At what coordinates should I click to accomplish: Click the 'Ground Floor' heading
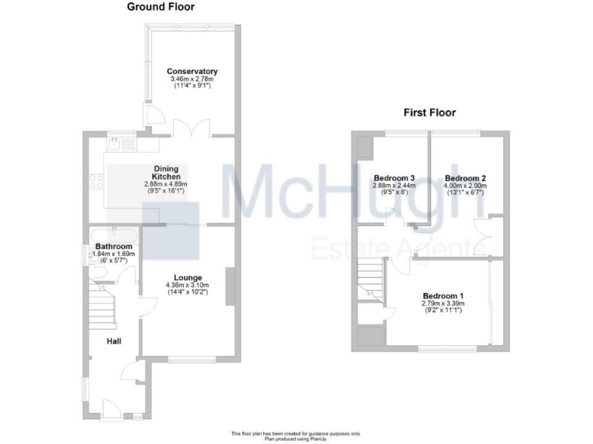pyautogui.click(x=161, y=7)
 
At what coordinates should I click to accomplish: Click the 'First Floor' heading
pyautogui.click(x=429, y=113)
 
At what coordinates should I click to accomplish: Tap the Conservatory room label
pyautogui.click(x=192, y=72)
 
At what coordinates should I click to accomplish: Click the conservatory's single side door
pyautogui.click(x=153, y=115)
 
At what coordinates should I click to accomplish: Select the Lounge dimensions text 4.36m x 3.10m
pyautogui.click(x=188, y=286)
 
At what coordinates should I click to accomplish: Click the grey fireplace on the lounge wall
pyautogui.click(x=228, y=287)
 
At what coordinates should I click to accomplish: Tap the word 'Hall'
pyautogui.click(x=113, y=341)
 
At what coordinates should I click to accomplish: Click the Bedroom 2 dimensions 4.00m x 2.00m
pyautogui.click(x=464, y=186)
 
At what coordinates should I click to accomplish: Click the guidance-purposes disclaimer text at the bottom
pyautogui.click(x=296, y=433)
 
